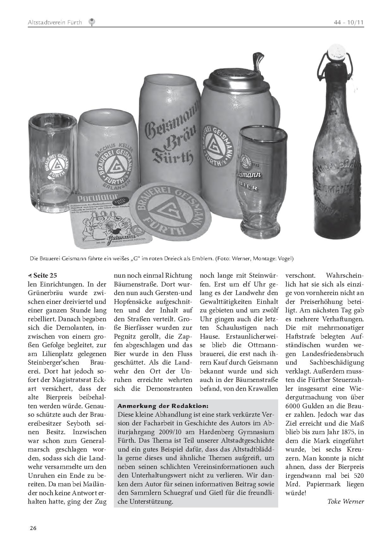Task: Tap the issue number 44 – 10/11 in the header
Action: (x=349, y=22)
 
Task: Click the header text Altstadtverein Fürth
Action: (x=55, y=22)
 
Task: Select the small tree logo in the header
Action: (x=92, y=22)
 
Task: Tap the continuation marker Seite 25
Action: (x=43, y=275)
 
